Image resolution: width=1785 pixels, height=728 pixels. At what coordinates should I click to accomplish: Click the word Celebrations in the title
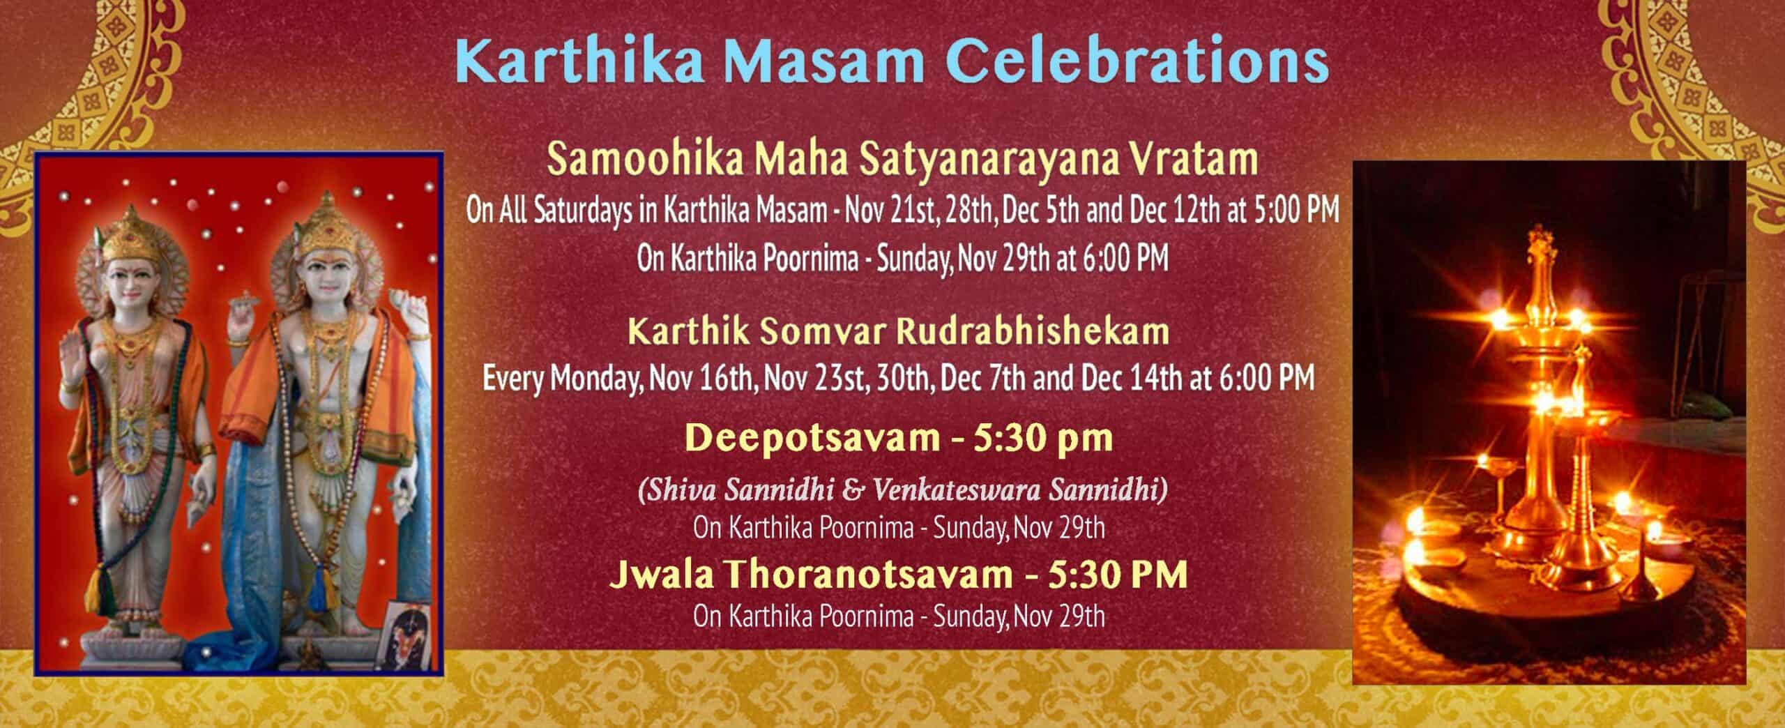pyautogui.click(x=1137, y=62)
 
